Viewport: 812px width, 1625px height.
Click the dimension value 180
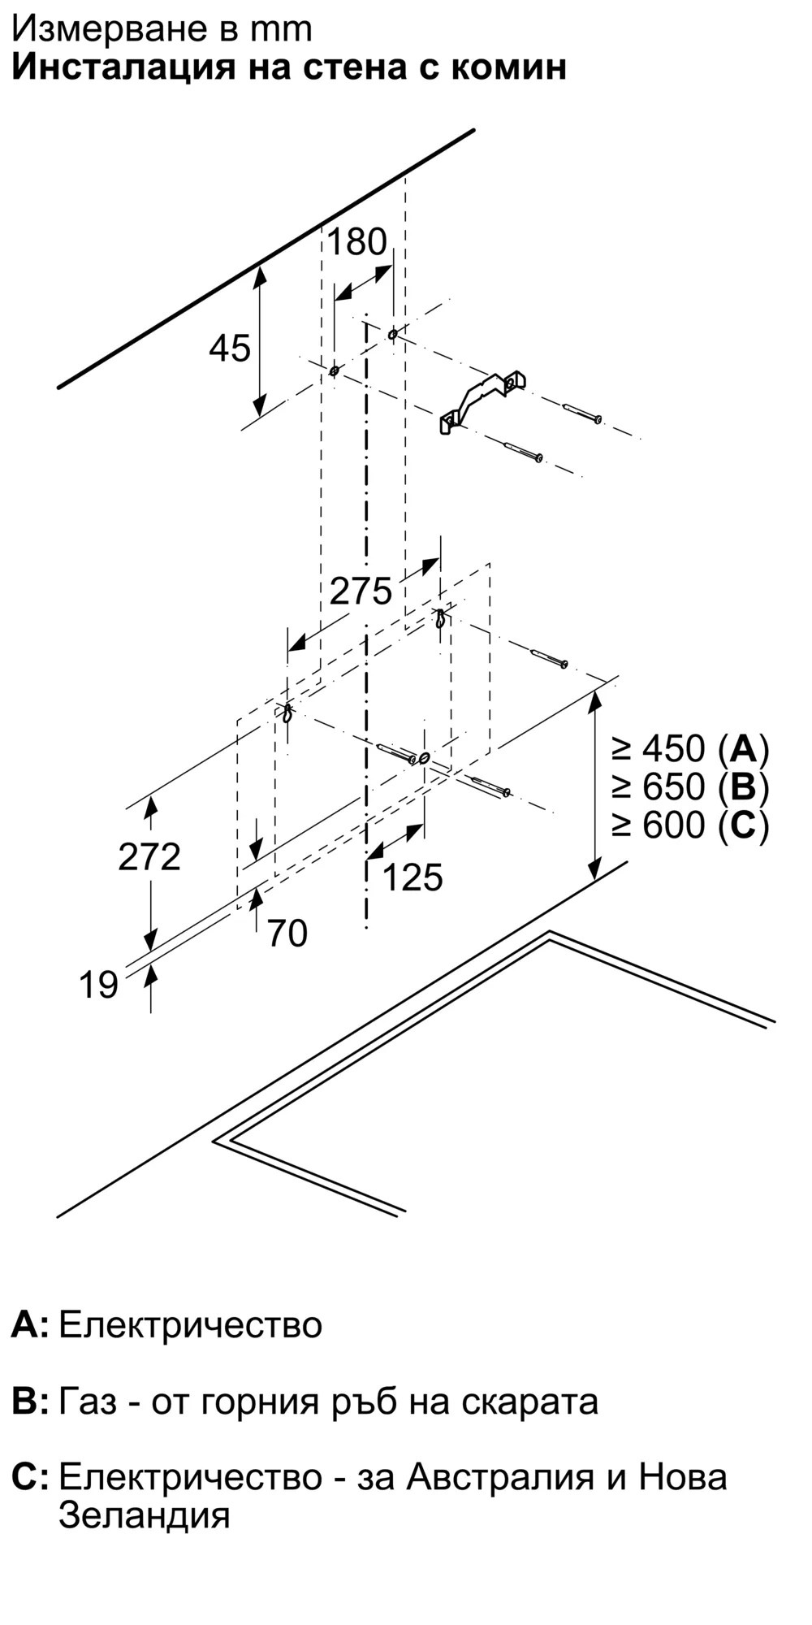356,242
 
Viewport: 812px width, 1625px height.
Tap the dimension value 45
230,349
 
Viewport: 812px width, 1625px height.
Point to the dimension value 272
149,856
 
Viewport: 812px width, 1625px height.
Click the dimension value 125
412,877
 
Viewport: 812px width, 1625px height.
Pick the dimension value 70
287,934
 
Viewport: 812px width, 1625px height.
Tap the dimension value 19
98,985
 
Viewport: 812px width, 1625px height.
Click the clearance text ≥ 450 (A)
690,748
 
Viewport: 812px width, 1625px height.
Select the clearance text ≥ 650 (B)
690,786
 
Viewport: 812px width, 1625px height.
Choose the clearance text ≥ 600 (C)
690,825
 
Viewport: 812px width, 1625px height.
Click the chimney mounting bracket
482,401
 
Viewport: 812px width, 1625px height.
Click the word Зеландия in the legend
145,1515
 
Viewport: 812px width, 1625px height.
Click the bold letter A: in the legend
30,1325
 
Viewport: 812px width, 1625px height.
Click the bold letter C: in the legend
31,1477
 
